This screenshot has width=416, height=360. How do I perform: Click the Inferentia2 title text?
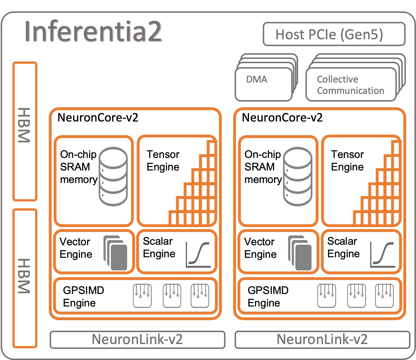tap(93, 31)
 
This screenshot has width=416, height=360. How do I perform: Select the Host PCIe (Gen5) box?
tap(334, 34)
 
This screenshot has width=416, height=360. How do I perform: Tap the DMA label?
tap(257, 79)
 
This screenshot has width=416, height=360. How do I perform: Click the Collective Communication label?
tap(350, 85)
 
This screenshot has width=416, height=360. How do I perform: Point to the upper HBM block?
tap(25, 131)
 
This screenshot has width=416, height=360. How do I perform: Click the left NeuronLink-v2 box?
tap(137, 340)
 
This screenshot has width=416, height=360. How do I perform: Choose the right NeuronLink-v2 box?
tap(322, 340)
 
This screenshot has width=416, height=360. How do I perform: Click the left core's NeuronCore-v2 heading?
tap(98, 118)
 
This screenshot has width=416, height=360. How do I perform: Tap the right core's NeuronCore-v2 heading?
tap(282, 118)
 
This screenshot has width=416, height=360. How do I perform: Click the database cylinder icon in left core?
tap(113, 176)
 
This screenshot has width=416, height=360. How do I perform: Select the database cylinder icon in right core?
tap(298, 176)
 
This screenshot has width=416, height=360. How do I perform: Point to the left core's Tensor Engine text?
tap(163, 161)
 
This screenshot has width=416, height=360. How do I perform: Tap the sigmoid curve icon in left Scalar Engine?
tap(198, 254)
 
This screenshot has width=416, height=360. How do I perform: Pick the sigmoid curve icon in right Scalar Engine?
tap(383, 254)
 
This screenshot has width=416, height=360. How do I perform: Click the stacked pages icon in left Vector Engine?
tap(116, 253)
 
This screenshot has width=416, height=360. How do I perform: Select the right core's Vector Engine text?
tap(260, 248)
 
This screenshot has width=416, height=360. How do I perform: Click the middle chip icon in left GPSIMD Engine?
tap(172, 296)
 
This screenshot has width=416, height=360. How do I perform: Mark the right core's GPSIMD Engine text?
tap(268, 297)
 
